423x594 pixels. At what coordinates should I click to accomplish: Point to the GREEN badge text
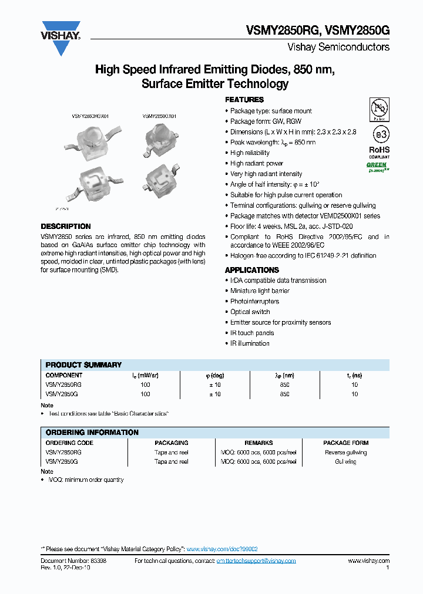[377, 165]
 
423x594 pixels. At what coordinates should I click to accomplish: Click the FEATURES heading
[244, 100]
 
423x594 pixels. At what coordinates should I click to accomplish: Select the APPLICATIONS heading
[252, 270]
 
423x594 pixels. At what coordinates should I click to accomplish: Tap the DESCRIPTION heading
[66, 227]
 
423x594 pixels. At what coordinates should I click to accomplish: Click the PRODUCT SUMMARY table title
[83, 365]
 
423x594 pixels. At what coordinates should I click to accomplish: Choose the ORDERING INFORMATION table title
[92, 433]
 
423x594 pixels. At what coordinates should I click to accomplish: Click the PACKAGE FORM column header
[345, 443]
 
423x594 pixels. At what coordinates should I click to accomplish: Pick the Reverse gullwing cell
[345, 453]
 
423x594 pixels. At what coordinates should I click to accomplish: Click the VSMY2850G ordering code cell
[62, 462]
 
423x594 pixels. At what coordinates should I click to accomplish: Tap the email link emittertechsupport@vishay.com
[256, 561]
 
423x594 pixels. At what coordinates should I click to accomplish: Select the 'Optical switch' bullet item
[250, 312]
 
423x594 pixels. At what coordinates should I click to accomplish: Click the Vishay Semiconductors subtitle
[338, 47]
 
